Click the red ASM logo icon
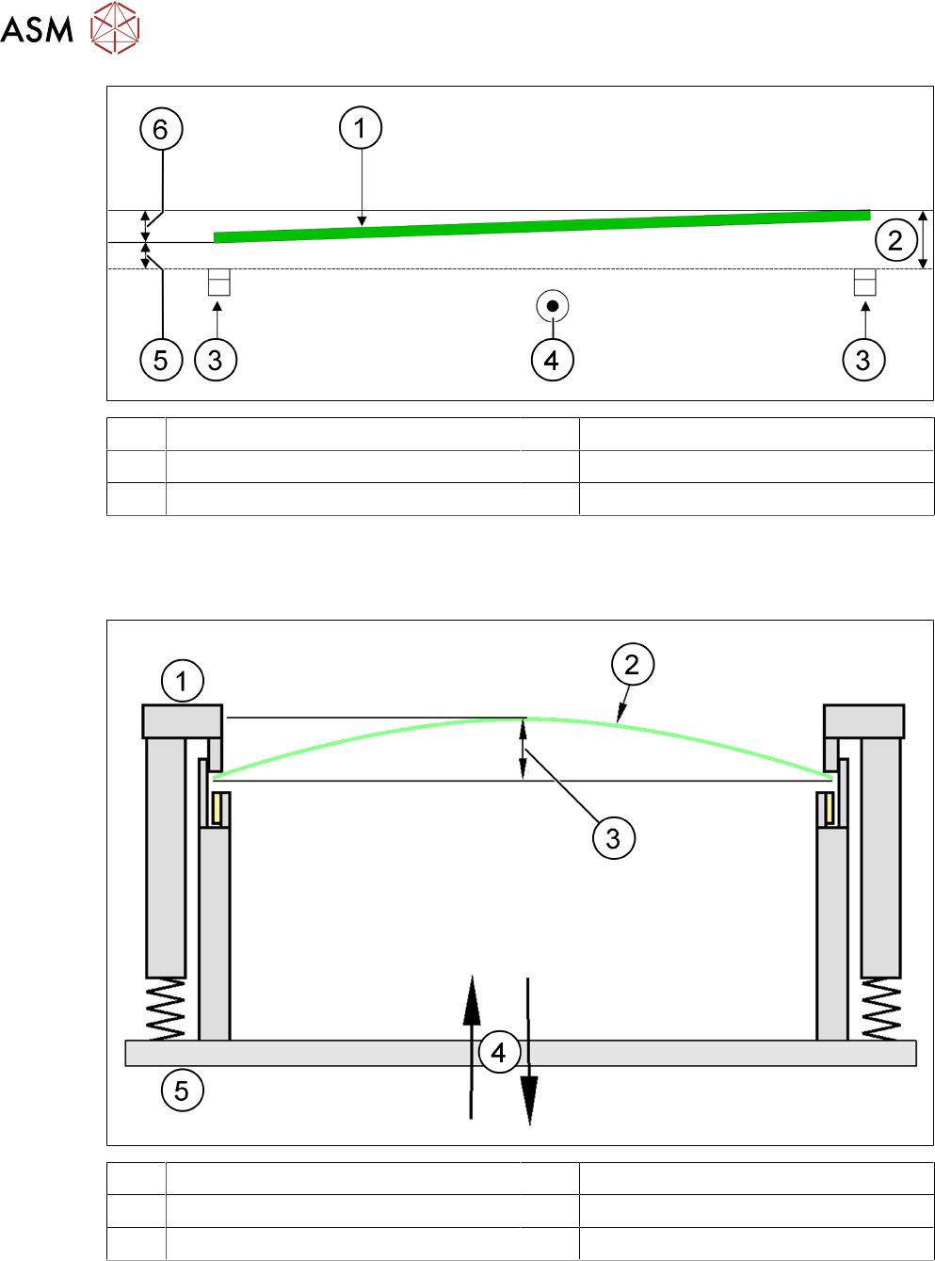tap(115, 27)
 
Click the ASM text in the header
tap(37, 29)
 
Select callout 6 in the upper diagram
tap(161, 129)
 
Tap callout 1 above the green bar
tap(361, 127)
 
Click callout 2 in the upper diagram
tap(895, 240)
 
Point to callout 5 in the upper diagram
tap(161, 360)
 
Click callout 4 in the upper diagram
tap(552, 360)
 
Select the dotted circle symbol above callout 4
tap(553, 306)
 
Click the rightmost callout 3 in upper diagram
tap(863, 360)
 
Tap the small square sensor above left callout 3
tap(218, 283)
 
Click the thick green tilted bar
tap(541, 226)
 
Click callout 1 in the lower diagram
tap(183, 681)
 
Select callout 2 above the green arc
tap(632, 665)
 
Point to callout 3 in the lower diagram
tap(613, 837)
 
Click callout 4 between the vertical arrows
tap(499, 1051)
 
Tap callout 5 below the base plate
tap(182, 1091)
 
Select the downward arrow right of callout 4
tap(529, 1055)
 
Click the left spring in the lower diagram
tap(166, 1009)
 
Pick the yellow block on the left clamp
tap(218, 808)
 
